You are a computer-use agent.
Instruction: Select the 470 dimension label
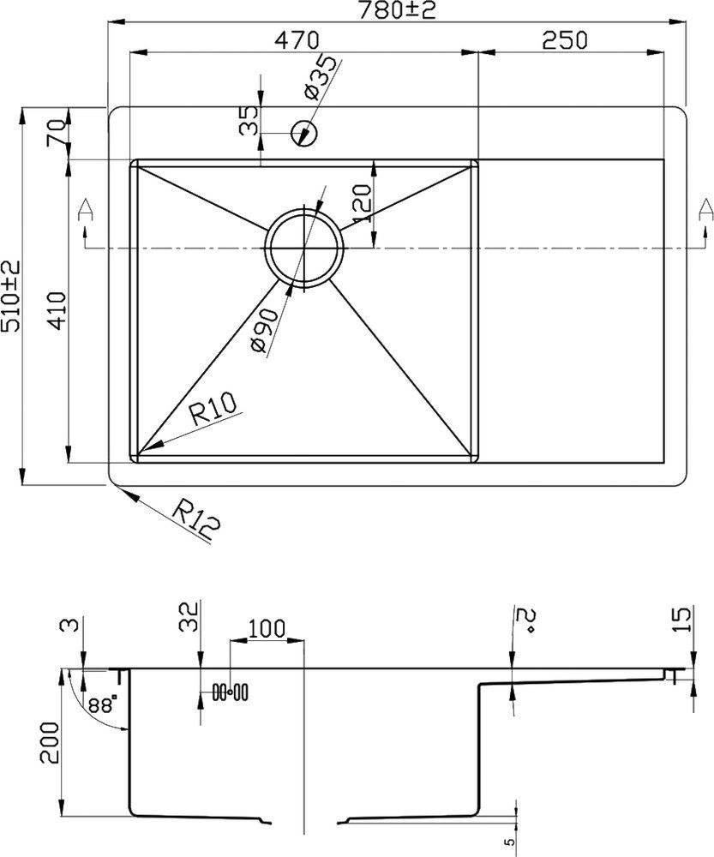297,40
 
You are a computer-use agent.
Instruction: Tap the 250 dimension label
564,40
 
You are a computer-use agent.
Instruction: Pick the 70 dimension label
57,134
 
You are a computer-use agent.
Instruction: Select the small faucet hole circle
304,133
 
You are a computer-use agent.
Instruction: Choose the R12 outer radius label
195,520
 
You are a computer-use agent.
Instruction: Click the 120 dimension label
361,205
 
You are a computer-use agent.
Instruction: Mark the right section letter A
705,208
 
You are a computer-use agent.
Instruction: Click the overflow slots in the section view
230,690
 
